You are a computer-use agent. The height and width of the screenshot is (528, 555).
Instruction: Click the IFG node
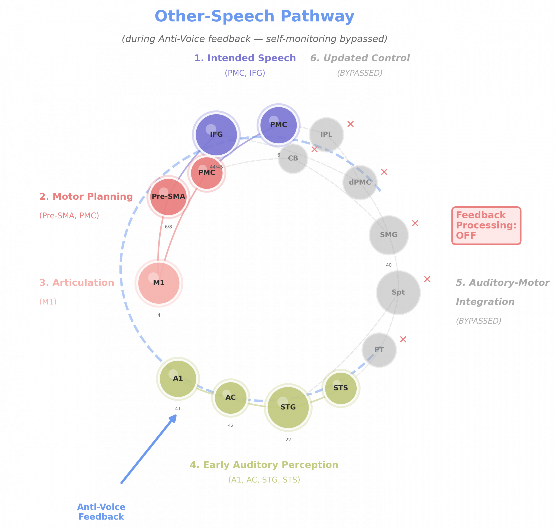[216, 134]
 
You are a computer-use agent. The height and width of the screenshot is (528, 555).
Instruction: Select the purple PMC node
[278, 125]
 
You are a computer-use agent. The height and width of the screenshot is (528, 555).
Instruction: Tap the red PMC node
[207, 173]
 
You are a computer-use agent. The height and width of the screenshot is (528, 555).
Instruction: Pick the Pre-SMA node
[168, 196]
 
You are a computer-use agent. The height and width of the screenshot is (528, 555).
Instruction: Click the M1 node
[159, 283]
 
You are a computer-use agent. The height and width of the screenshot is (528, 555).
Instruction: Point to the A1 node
[178, 378]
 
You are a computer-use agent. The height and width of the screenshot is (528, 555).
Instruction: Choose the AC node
[230, 397]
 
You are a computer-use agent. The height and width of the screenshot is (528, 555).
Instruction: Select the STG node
[288, 407]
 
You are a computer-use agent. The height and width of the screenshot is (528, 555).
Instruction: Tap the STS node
[341, 388]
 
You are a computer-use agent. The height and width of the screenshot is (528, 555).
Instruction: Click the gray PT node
[379, 350]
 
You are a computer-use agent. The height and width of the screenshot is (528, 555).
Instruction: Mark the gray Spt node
[398, 292]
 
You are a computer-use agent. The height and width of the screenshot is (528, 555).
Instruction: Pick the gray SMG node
[388, 235]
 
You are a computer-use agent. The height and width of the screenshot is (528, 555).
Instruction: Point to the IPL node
[326, 134]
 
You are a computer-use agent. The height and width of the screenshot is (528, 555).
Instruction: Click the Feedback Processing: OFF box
[486, 225]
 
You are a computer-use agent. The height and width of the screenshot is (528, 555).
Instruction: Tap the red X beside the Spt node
[427, 279]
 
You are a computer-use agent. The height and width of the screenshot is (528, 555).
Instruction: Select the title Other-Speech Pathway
[254, 16]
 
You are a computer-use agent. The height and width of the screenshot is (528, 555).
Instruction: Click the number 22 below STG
[288, 440]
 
